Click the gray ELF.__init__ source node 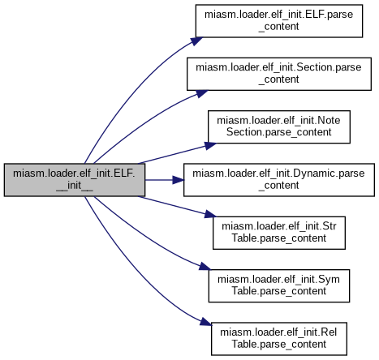pyautogui.click(x=75, y=180)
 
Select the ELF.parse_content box pyautogui.click(x=279, y=21)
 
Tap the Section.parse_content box pyautogui.click(x=279, y=74)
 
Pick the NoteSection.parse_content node pyautogui.click(x=279, y=126)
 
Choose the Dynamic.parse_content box pyautogui.click(x=279, y=180)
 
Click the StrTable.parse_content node pyautogui.click(x=279, y=233)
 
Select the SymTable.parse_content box pyautogui.click(x=279, y=285)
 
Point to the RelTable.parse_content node pyautogui.click(x=279, y=339)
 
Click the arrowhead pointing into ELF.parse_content pyautogui.click(x=197, y=41)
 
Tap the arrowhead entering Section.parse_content pyautogui.click(x=202, y=93)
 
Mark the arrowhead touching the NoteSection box pyautogui.click(x=211, y=146)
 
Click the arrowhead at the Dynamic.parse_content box pyautogui.click(x=179, y=180)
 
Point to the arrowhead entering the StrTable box pyautogui.click(x=211, y=214)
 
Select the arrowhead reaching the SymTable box pyautogui.click(x=205, y=267)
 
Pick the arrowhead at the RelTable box pyautogui.click(x=205, y=321)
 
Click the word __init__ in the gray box pyautogui.click(x=75, y=186)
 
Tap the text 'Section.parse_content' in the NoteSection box pyautogui.click(x=278, y=132)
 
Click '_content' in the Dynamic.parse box pyautogui.click(x=278, y=186)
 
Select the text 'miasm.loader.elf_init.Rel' pyautogui.click(x=278, y=332)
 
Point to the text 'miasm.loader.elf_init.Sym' pyautogui.click(x=278, y=280)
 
